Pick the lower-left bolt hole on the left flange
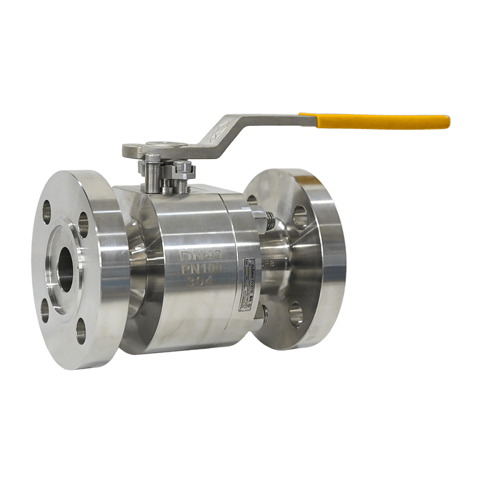[45, 310]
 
